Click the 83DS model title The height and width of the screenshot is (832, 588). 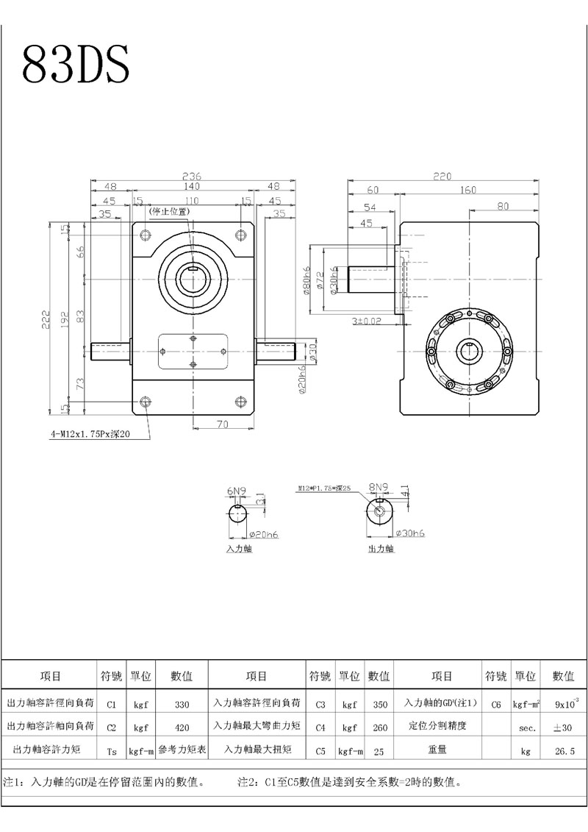76,64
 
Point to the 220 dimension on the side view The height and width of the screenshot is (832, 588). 442,177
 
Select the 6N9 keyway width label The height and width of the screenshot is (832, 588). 236,490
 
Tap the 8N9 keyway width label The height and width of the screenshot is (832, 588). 378,487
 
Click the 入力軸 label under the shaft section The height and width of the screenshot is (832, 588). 239,549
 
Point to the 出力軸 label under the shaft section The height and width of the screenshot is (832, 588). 381,549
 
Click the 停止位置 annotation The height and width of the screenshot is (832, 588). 168,212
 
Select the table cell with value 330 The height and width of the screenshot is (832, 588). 182,704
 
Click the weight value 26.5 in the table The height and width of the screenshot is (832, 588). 564,751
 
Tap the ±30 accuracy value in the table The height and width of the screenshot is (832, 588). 564,727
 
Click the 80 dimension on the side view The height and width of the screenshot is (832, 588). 503,207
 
